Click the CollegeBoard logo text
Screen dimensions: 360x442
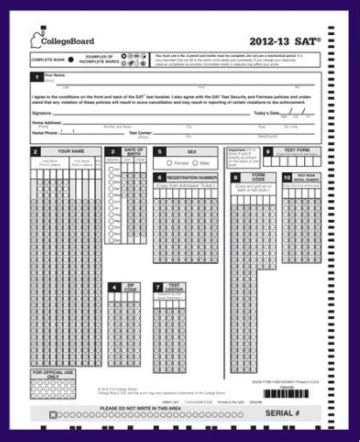click(x=68, y=40)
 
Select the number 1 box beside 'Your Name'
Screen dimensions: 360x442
click(x=36, y=78)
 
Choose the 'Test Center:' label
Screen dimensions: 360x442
click(x=141, y=133)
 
